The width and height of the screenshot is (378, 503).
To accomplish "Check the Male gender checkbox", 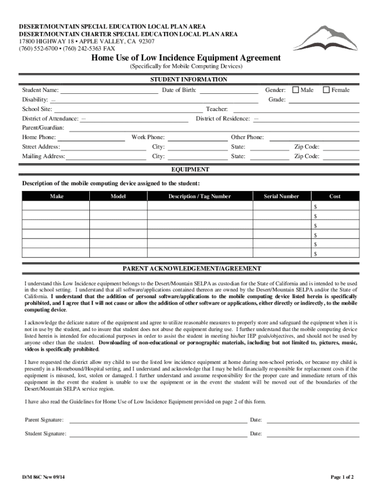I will pyautogui.click(x=296, y=90).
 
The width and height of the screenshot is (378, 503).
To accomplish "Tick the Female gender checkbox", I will pyautogui.click(x=326, y=90).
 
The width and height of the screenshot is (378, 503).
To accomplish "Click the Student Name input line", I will pyautogui.click(x=109, y=90).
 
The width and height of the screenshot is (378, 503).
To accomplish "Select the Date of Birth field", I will pyautogui.click(x=229, y=90).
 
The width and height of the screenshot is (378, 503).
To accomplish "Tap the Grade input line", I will pyautogui.click(x=324, y=100).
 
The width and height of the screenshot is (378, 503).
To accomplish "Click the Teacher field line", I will pyautogui.click(x=295, y=110).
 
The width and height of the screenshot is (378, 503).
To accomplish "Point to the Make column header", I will pyautogui.click(x=56, y=196).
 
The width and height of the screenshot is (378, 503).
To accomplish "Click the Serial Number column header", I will pyautogui.click(x=281, y=196).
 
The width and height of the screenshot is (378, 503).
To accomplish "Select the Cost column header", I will pyautogui.click(x=335, y=196).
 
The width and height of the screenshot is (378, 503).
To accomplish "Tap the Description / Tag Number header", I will pyautogui.click(x=199, y=196).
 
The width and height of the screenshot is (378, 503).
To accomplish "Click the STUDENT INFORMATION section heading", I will pyautogui.click(x=189, y=80).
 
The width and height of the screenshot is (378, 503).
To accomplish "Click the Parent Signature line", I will pyautogui.click(x=158, y=420).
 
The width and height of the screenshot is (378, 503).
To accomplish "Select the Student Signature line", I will pyautogui.click(x=158, y=434).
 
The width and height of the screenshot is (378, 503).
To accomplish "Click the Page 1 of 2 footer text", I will pyautogui.click(x=342, y=477).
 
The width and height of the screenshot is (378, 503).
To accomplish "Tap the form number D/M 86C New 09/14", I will pyautogui.click(x=44, y=477).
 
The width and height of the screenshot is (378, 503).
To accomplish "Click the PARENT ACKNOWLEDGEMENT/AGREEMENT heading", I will pyautogui.click(x=191, y=269).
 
